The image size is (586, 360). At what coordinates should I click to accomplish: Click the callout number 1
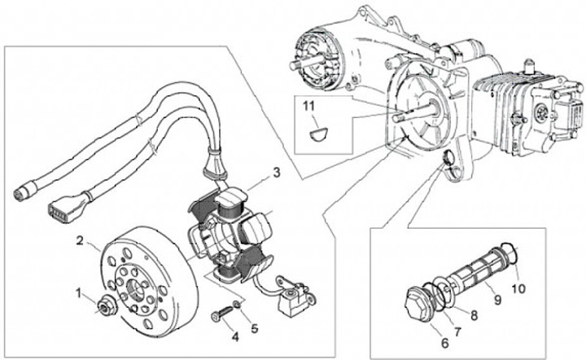(x=80, y=291)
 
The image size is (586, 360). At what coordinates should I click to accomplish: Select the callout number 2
(x=81, y=240)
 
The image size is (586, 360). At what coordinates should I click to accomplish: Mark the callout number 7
(x=457, y=331)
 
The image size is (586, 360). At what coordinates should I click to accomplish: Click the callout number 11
(x=308, y=106)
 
